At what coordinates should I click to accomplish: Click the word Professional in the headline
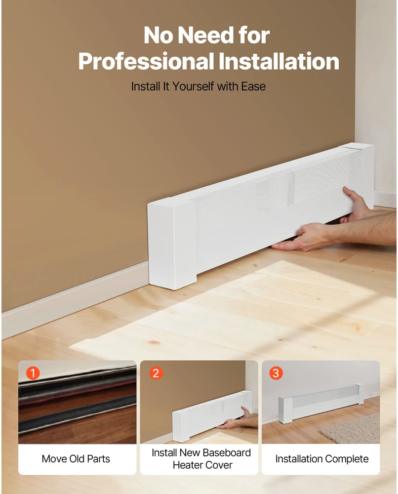(x=147, y=61)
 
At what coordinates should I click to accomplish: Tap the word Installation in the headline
(x=279, y=61)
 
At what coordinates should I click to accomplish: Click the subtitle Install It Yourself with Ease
(x=199, y=86)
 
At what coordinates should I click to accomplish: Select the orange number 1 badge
(x=33, y=373)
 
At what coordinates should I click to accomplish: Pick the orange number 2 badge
(x=156, y=373)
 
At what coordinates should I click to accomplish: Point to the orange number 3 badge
(x=276, y=373)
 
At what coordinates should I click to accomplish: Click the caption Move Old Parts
(x=76, y=459)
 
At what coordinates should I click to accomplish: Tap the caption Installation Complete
(x=322, y=459)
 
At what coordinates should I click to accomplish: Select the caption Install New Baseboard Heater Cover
(x=201, y=459)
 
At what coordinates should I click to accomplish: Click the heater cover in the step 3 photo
(x=321, y=403)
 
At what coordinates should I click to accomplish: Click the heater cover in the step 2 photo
(x=212, y=416)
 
